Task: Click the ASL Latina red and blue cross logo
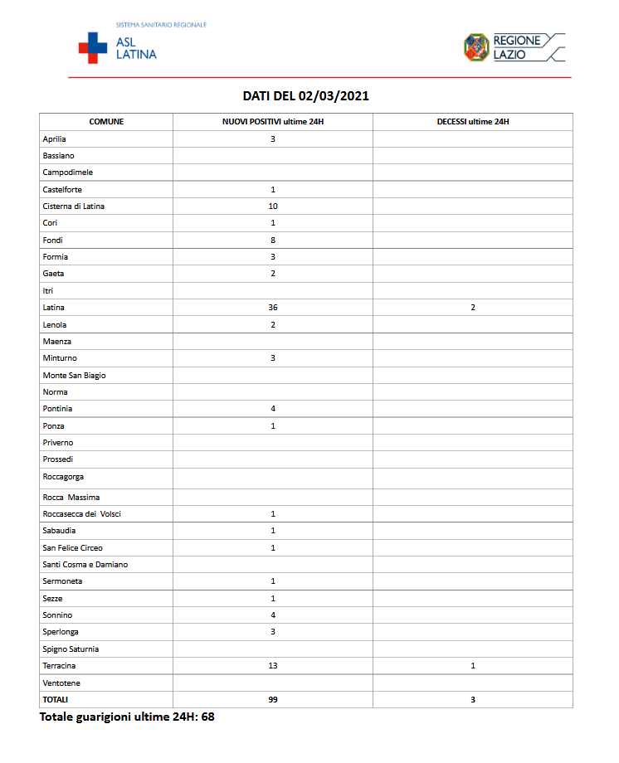(93, 47)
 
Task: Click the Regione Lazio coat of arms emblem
(475, 47)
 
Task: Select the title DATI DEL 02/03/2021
(305, 96)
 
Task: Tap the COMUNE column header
(106, 122)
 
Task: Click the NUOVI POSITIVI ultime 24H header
(272, 122)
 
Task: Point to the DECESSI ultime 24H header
(472, 122)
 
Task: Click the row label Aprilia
(55, 139)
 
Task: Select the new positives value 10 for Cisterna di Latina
(272, 207)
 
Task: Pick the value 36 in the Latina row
(272, 308)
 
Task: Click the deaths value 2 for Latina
(473, 308)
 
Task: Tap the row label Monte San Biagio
(74, 376)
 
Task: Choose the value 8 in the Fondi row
(272, 241)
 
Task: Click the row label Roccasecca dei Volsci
(81, 514)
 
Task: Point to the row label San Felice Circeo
(73, 548)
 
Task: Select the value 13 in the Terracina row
(272, 666)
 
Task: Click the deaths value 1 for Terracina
(473, 666)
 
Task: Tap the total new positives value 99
(272, 700)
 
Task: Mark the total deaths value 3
(473, 700)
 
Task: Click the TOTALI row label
(56, 700)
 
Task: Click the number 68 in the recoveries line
(207, 717)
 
